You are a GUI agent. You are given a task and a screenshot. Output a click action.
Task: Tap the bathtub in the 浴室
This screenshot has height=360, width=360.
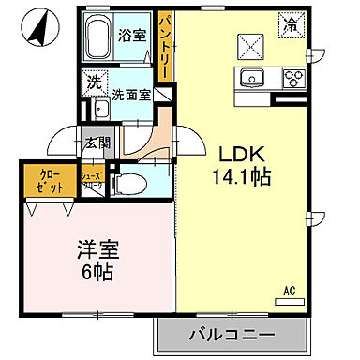98,40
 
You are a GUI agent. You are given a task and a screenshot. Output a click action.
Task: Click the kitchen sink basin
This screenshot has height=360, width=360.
252,78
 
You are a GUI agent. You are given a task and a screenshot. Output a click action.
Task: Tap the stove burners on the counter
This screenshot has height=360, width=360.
292,78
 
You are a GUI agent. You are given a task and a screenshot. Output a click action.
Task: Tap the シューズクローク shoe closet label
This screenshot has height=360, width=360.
92,181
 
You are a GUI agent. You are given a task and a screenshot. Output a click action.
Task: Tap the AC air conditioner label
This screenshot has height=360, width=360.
291,290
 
